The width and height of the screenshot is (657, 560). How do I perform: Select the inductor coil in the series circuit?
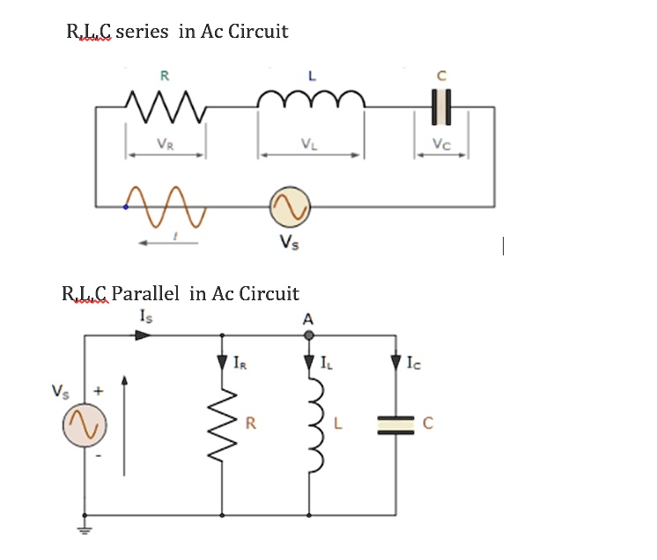pyautogui.click(x=311, y=103)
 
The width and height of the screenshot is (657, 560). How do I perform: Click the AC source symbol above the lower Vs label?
pyautogui.click(x=290, y=208)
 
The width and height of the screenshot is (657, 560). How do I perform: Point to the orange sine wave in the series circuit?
pyautogui.click(x=166, y=205)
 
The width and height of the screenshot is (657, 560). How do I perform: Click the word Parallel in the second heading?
pyautogui.click(x=148, y=293)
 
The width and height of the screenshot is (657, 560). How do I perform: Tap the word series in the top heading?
pyautogui.click(x=142, y=32)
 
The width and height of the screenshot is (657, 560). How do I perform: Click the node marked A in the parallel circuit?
pyautogui.click(x=309, y=335)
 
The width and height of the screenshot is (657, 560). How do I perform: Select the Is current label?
pyautogui.click(x=146, y=315)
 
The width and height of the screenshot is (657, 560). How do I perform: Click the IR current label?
pyautogui.click(x=241, y=361)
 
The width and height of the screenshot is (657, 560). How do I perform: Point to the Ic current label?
pyautogui.click(x=415, y=361)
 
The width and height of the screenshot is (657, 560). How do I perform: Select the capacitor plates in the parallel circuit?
pyautogui.click(x=395, y=425)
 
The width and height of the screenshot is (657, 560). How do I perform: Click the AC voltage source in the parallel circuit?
pyautogui.click(x=84, y=425)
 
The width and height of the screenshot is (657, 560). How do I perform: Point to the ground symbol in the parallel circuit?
pyautogui.click(x=85, y=529)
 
